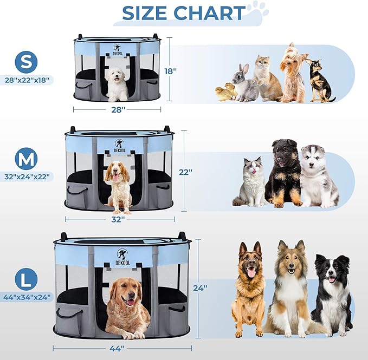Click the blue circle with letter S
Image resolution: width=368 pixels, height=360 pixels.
(26, 62)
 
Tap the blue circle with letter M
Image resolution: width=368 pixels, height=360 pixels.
(26, 159)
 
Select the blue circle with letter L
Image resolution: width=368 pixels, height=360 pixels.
(26, 279)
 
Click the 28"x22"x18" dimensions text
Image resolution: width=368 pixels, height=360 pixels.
(27, 80)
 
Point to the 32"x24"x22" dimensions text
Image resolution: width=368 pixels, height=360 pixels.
(27, 176)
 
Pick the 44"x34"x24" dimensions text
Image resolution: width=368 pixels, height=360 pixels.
(27, 297)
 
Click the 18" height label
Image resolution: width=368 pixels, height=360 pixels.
(170, 71)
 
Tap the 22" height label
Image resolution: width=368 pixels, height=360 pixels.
(186, 172)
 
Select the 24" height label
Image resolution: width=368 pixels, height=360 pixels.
(200, 288)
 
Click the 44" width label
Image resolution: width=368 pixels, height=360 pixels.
(117, 349)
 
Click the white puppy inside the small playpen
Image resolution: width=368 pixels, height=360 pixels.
(117, 84)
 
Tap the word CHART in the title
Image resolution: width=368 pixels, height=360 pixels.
(209, 13)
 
